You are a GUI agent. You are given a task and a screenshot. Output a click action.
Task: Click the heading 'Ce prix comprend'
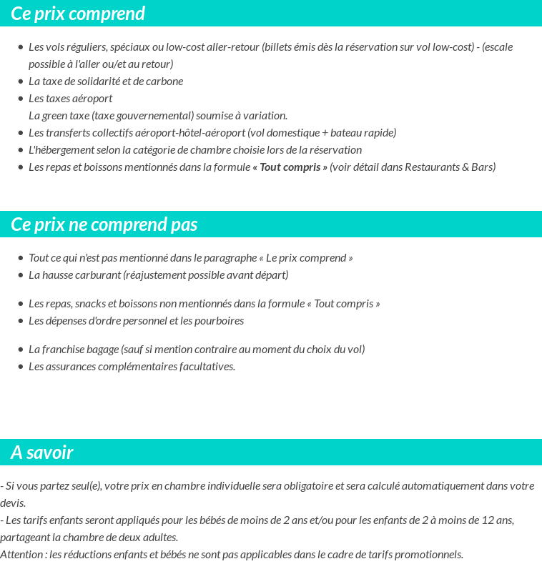78,14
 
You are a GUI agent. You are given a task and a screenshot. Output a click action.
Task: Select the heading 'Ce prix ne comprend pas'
104,224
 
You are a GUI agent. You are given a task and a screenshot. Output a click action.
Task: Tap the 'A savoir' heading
42,452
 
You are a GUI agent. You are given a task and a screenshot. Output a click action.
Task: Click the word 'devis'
12,503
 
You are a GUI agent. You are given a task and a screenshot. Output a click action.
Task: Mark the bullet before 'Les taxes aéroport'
20,99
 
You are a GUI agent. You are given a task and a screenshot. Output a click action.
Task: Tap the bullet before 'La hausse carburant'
20,275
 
